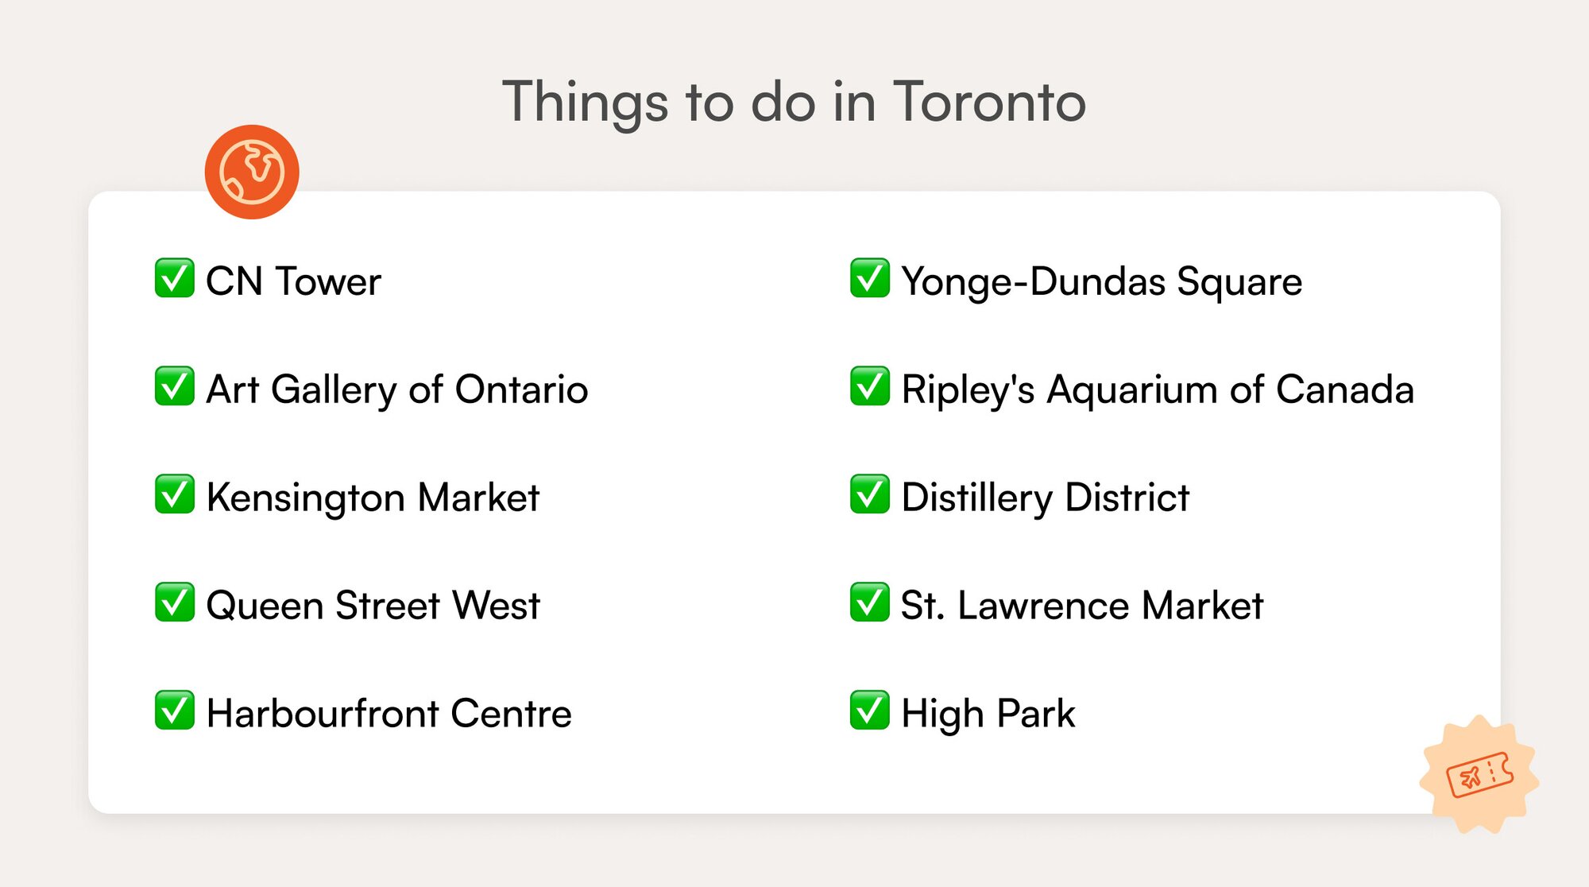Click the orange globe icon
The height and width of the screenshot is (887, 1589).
pyautogui.click(x=252, y=172)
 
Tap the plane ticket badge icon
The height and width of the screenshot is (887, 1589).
pyautogui.click(x=1479, y=773)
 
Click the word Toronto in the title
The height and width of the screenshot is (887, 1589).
pyautogui.click(x=989, y=102)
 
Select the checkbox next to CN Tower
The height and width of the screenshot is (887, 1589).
pyautogui.click(x=175, y=278)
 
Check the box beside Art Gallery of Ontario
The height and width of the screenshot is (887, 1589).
pyautogui.click(x=175, y=386)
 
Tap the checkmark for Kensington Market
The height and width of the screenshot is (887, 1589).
pyautogui.click(x=175, y=494)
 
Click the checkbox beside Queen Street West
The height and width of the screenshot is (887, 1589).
pyautogui.click(x=175, y=602)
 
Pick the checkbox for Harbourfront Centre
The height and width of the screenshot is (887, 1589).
pyautogui.click(x=175, y=711)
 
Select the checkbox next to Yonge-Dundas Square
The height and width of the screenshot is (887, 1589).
pyautogui.click(x=870, y=278)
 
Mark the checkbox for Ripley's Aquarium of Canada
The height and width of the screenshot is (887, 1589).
pyautogui.click(x=870, y=386)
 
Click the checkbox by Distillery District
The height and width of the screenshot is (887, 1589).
pyautogui.click(x=870, y=494)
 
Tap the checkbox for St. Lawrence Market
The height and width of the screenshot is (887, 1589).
pyautogui.click(x=870, y=602)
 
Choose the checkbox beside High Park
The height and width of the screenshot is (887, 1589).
pyautogui.click(x=870, y=711)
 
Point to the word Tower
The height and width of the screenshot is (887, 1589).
pyautogui.click(x=328, y=281)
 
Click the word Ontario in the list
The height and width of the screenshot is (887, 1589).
pyautogui.click(x=521, y=389)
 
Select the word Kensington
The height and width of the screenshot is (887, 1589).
pyautogui.click(x=306, y=498)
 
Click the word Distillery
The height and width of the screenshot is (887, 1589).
pyautogui.click(x=977, y=498)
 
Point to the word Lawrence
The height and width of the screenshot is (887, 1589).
pyautogui.click(x=1043, y=606)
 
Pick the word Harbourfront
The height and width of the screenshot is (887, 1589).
pyautogui.click(x=323, y=714)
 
